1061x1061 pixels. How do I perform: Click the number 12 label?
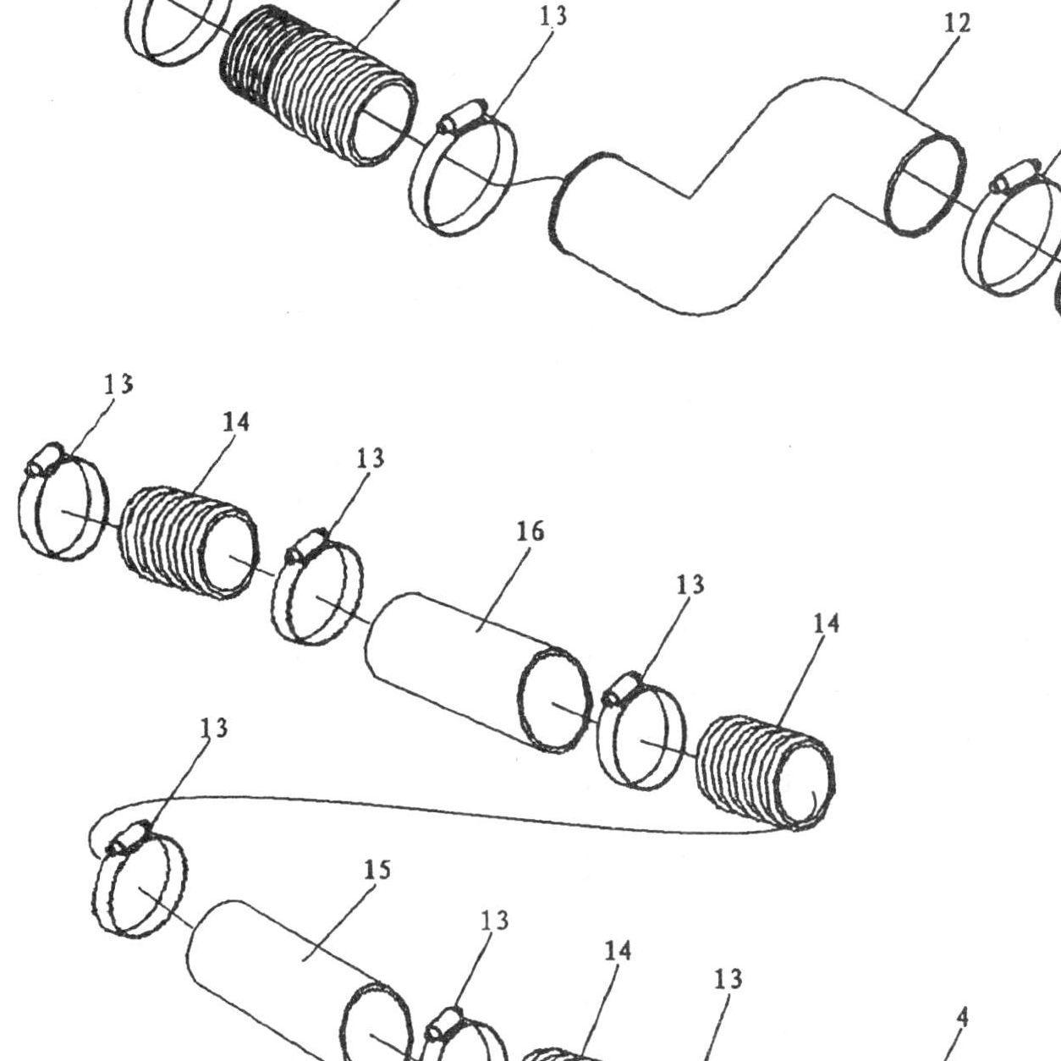click(x=957, y=24)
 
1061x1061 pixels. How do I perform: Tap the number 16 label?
click(x=530, y=530)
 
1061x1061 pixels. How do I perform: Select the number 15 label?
click(x=377, y=870)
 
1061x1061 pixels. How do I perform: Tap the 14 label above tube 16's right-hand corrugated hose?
click(x=826, y=624)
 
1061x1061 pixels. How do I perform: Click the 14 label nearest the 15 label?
click(x=618, y=951)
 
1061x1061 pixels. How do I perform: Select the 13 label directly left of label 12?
click(x=552, y=15)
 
